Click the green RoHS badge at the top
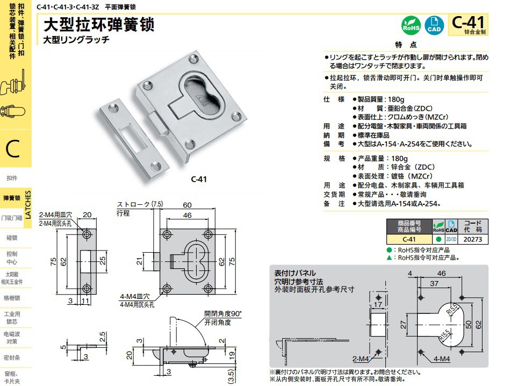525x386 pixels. (411, 25)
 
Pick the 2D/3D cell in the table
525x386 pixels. (451, 239)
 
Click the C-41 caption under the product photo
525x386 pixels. (199, 180)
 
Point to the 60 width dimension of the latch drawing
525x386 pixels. (188, 205)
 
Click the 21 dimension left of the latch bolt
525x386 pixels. (139, 261)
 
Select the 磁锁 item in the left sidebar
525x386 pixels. (12, 237)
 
